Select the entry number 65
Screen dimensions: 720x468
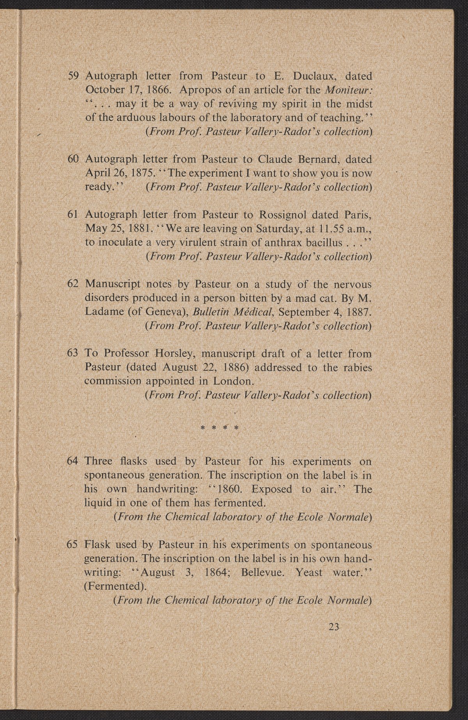(x=74, y=544)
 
